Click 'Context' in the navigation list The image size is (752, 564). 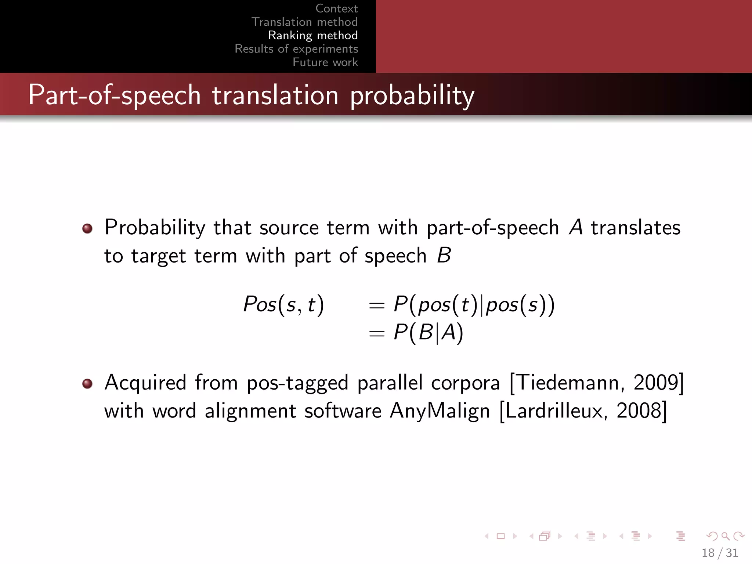pos(336,8)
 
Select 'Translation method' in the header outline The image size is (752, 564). pos(304,22)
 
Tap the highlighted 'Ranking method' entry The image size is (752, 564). pos(313,35)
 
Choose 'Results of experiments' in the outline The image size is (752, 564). pos(296,49)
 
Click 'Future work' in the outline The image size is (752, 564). pos(325,62)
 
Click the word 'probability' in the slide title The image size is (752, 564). pos(412,95)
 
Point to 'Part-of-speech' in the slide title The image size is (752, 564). pos(114,95)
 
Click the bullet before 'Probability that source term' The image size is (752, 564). pos(87,228)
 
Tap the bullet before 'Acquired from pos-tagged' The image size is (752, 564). pos(87,384)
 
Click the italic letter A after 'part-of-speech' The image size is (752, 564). pos(576,227)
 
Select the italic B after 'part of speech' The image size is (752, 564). pos(444,255)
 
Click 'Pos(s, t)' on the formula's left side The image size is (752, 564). pos(283,304)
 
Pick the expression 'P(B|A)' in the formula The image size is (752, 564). pos(428,333)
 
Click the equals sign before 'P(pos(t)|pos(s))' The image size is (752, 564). pos(377,305)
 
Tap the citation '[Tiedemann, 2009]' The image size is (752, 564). pos(597,383)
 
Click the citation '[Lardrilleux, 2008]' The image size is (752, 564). pos(583,411)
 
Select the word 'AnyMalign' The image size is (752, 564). pos(440,411)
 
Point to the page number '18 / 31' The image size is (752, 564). pos(720,553)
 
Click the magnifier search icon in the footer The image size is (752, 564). pos(725,536)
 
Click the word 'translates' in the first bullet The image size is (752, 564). pos(635,227)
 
